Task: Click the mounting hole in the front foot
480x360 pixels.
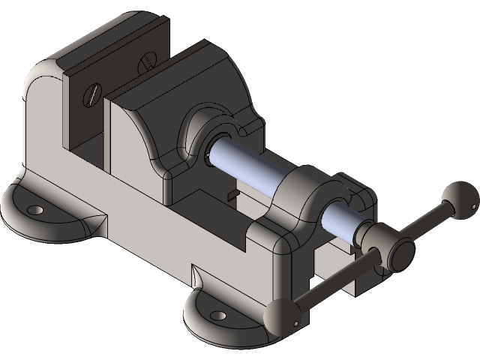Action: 217,315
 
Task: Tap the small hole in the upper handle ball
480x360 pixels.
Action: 473,202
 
